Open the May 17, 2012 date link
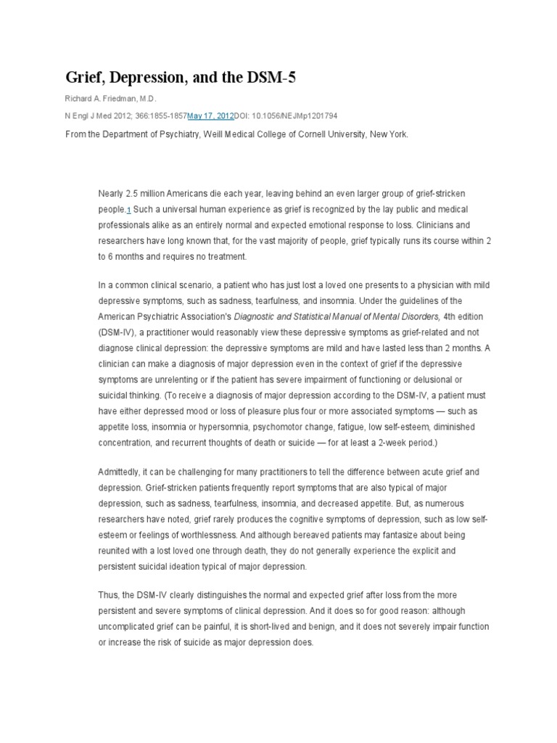[210, 115]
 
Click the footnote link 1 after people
[129, 210]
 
